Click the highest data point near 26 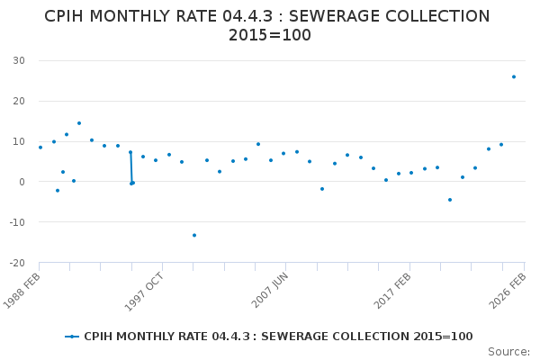(514, 76)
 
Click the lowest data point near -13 (193, 235)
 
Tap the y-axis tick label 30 (18, 60)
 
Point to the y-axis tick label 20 (18, 101)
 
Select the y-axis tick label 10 (18, 141)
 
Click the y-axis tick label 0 (21, 182)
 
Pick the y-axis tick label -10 (15, 222)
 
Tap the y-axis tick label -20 (15, 263)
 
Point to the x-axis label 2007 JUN (270, 290)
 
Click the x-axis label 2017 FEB (393, 290)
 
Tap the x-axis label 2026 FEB (508, 290)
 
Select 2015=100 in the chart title (270, 35)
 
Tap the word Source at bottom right (508, 351)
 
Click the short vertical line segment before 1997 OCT (130, 167)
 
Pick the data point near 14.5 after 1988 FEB (78, 123)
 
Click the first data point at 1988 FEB (40, 148)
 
